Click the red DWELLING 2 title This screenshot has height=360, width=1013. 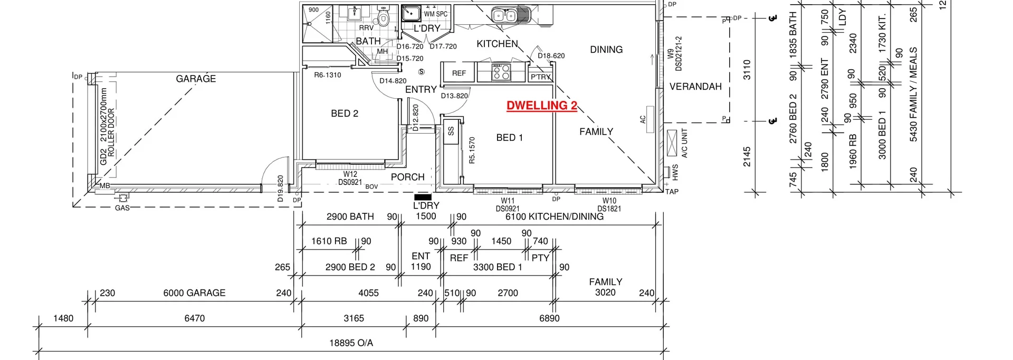pos(541,106)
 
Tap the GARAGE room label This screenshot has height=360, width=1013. pos(196,79)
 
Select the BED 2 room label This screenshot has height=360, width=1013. pos(345,113)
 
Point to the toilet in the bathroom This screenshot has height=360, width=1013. pos(384,18)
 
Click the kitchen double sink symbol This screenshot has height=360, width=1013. pos(504,15)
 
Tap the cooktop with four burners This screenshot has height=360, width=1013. pos(501,72)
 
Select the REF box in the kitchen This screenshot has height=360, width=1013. pos(458,73)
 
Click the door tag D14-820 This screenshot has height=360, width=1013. pos(393,81)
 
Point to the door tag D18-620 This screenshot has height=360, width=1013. pos(551,55)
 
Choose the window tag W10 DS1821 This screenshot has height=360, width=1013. pos(609,205)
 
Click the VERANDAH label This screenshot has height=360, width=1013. pos(695,87)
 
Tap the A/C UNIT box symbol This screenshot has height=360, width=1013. pos(672,143)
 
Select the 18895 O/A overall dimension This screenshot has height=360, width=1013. pos(351,343)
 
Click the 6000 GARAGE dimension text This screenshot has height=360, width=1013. pos(194,293)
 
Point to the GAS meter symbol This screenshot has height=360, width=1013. pos(123,198)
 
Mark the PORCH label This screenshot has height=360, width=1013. pos(407,177)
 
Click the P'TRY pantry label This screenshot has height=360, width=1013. pos(540,77)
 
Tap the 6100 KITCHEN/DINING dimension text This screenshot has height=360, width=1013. pos(554,216)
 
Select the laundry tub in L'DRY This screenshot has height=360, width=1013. pos(410,13)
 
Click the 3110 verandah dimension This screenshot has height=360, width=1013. pos(747,70)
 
